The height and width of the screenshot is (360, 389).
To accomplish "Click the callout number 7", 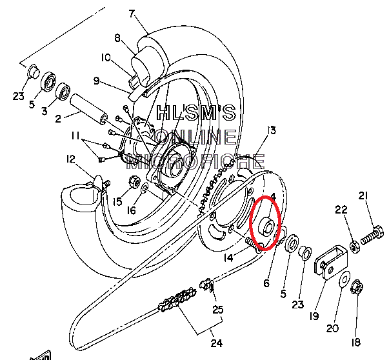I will point(132,13).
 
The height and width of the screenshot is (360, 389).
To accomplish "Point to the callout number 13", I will point(271,130).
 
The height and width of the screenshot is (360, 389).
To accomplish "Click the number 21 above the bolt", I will point(363,196).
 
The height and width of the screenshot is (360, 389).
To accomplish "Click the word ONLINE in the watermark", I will point(197,137).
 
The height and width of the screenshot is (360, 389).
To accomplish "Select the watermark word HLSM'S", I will point(197,114).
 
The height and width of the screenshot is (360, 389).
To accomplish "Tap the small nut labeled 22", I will point(354,245).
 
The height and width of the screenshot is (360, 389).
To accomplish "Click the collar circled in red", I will point(265,226).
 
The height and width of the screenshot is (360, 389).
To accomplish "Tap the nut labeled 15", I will point(135,183).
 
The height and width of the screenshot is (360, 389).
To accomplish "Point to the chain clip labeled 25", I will point(208,285).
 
